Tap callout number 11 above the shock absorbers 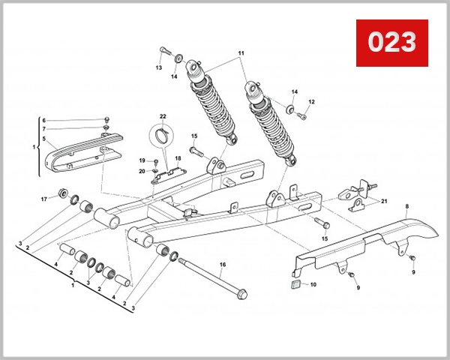coord(241,54)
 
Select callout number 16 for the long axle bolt coord(222,265)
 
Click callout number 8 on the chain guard coord(406,205)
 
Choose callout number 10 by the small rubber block coord(313,285)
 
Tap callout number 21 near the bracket coord(384,202)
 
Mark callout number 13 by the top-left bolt coord(159,67)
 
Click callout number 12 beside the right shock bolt coord(311,102)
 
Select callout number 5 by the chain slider coord(43,139)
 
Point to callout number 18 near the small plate coord(178,159)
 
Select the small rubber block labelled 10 coord(295,285)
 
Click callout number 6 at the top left coord(43,120)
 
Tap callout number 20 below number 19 coord(142,171)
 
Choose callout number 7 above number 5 coord(43,129)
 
